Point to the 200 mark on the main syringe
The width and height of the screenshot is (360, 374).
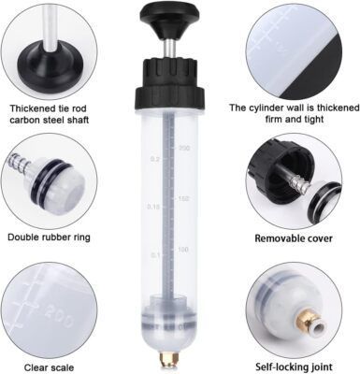click(x=184, y=148)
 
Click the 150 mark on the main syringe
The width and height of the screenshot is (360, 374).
click(x=184, y=199)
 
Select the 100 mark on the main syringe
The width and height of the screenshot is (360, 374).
click(x=183, y=250)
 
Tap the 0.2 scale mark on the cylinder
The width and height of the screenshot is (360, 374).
click(x=155, y=159)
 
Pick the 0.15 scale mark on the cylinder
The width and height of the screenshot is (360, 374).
click(x=153, y=207)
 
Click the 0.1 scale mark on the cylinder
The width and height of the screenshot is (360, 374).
click(x=155, y=255)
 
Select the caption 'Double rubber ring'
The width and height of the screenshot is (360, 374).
click(x=49, y=237)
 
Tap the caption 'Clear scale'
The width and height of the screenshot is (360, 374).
click(x=49, y=367)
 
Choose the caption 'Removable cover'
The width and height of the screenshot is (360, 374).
click(x=294, y=238)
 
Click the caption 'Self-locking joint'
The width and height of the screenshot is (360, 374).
click(x=294, y=367)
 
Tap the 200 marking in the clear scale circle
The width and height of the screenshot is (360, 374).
click(x=59, y=315)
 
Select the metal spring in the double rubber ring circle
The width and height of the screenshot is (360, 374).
click(x=19, y=162)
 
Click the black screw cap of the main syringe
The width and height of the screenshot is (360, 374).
click(x=170, y=82)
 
